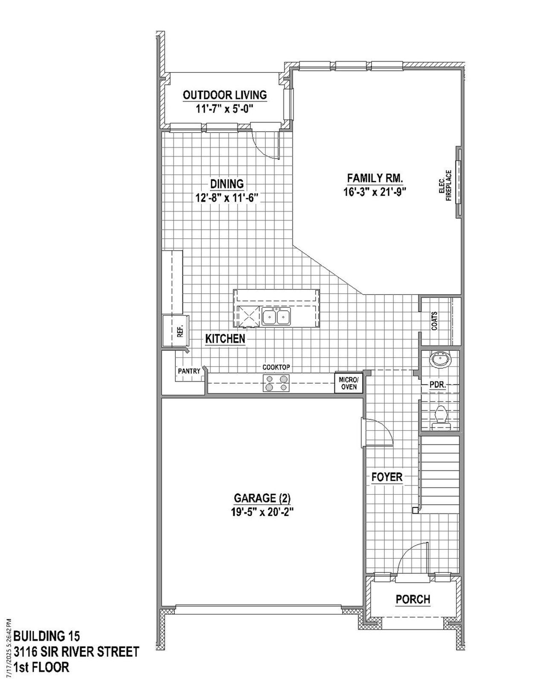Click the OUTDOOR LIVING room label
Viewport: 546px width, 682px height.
click(225, 95)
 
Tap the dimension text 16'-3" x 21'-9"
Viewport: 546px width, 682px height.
click(374, 192)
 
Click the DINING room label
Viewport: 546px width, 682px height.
click(227, 184)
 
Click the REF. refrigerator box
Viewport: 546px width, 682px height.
click(179, 331)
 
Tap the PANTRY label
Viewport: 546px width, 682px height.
click(189, 371)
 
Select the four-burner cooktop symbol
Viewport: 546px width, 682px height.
click(276, 383)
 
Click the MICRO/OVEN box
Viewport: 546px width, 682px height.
click(349, 383)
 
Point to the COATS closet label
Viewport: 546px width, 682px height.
click(434, 321)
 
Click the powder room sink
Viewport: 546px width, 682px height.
click(439, 361)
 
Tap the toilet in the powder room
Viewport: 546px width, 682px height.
click(440, 416)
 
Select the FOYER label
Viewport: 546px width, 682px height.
click(387, 477)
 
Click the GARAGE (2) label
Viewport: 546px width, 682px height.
click(262, 498)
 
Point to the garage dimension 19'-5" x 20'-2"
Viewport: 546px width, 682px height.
click(262, 511)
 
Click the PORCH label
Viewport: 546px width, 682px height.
click(412, 599)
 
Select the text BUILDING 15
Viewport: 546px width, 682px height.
click(46, 636)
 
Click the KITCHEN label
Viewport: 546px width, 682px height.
click(225, 339)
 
